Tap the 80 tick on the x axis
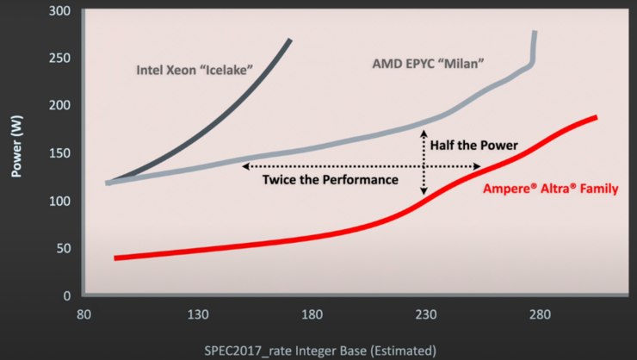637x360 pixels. click(83, 314)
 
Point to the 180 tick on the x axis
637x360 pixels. click(312, 314)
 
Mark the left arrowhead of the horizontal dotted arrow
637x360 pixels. click(244, 165)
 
